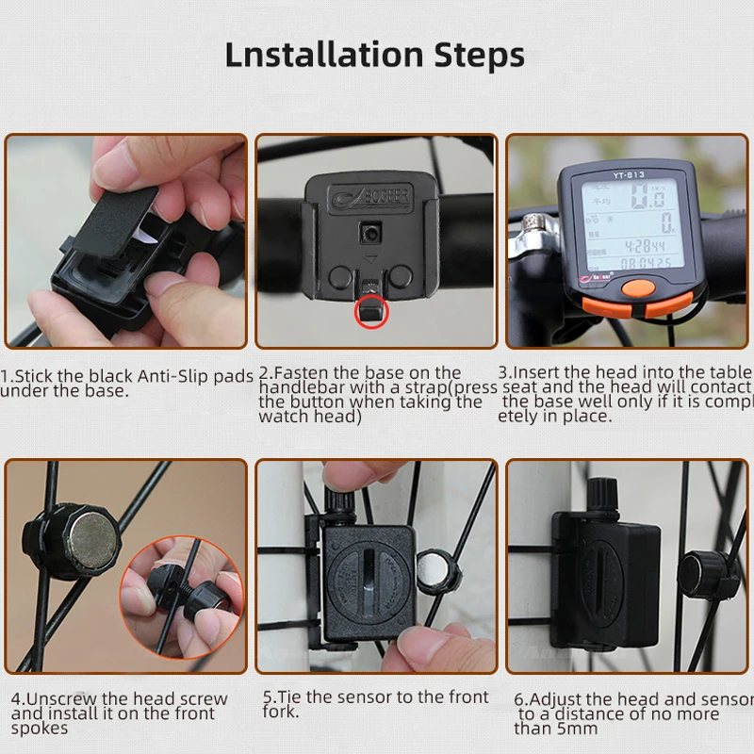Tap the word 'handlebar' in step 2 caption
tap(301, 387)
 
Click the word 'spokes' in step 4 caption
tap(40, 729)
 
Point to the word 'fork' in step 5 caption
tap(281, 713)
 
